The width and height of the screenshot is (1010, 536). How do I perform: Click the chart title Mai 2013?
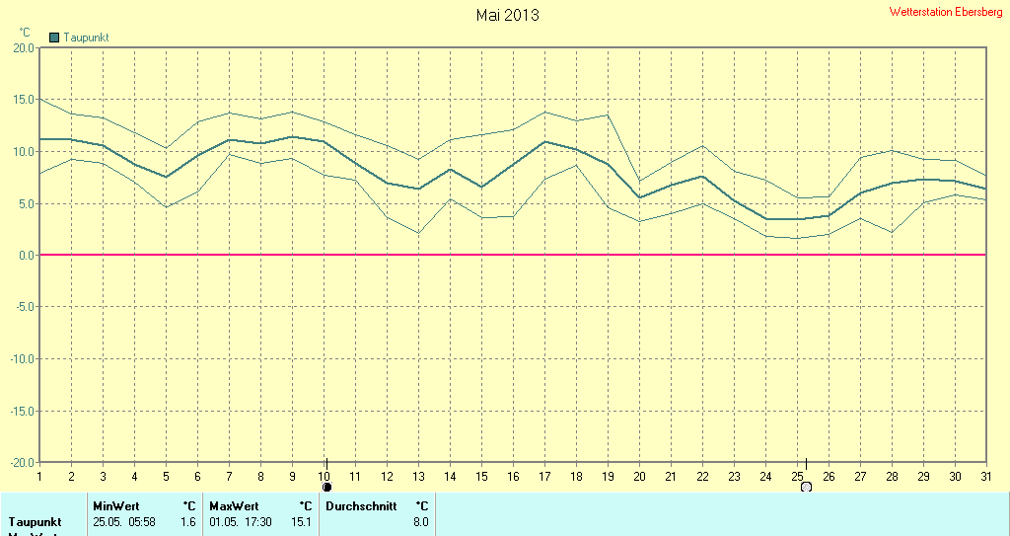507,15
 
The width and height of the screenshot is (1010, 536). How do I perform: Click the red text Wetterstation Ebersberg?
946,12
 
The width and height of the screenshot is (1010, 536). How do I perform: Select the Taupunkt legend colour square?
54,38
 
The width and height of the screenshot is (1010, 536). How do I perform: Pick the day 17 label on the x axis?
544,476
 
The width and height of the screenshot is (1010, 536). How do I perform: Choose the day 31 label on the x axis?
985,476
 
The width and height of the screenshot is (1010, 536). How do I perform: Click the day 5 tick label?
166,476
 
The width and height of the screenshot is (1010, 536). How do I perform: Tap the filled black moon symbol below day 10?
327,487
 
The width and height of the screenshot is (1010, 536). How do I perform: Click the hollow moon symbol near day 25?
806,487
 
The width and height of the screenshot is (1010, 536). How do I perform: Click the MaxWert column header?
230,505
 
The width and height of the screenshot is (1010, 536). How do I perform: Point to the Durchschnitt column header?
361,505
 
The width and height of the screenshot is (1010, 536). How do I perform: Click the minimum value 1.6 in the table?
188,521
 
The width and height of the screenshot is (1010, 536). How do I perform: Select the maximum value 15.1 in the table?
304,521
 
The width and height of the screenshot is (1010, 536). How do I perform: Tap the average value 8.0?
421,521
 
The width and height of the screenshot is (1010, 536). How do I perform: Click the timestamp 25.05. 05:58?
123,521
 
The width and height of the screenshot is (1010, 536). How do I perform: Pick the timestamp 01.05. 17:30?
241,521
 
